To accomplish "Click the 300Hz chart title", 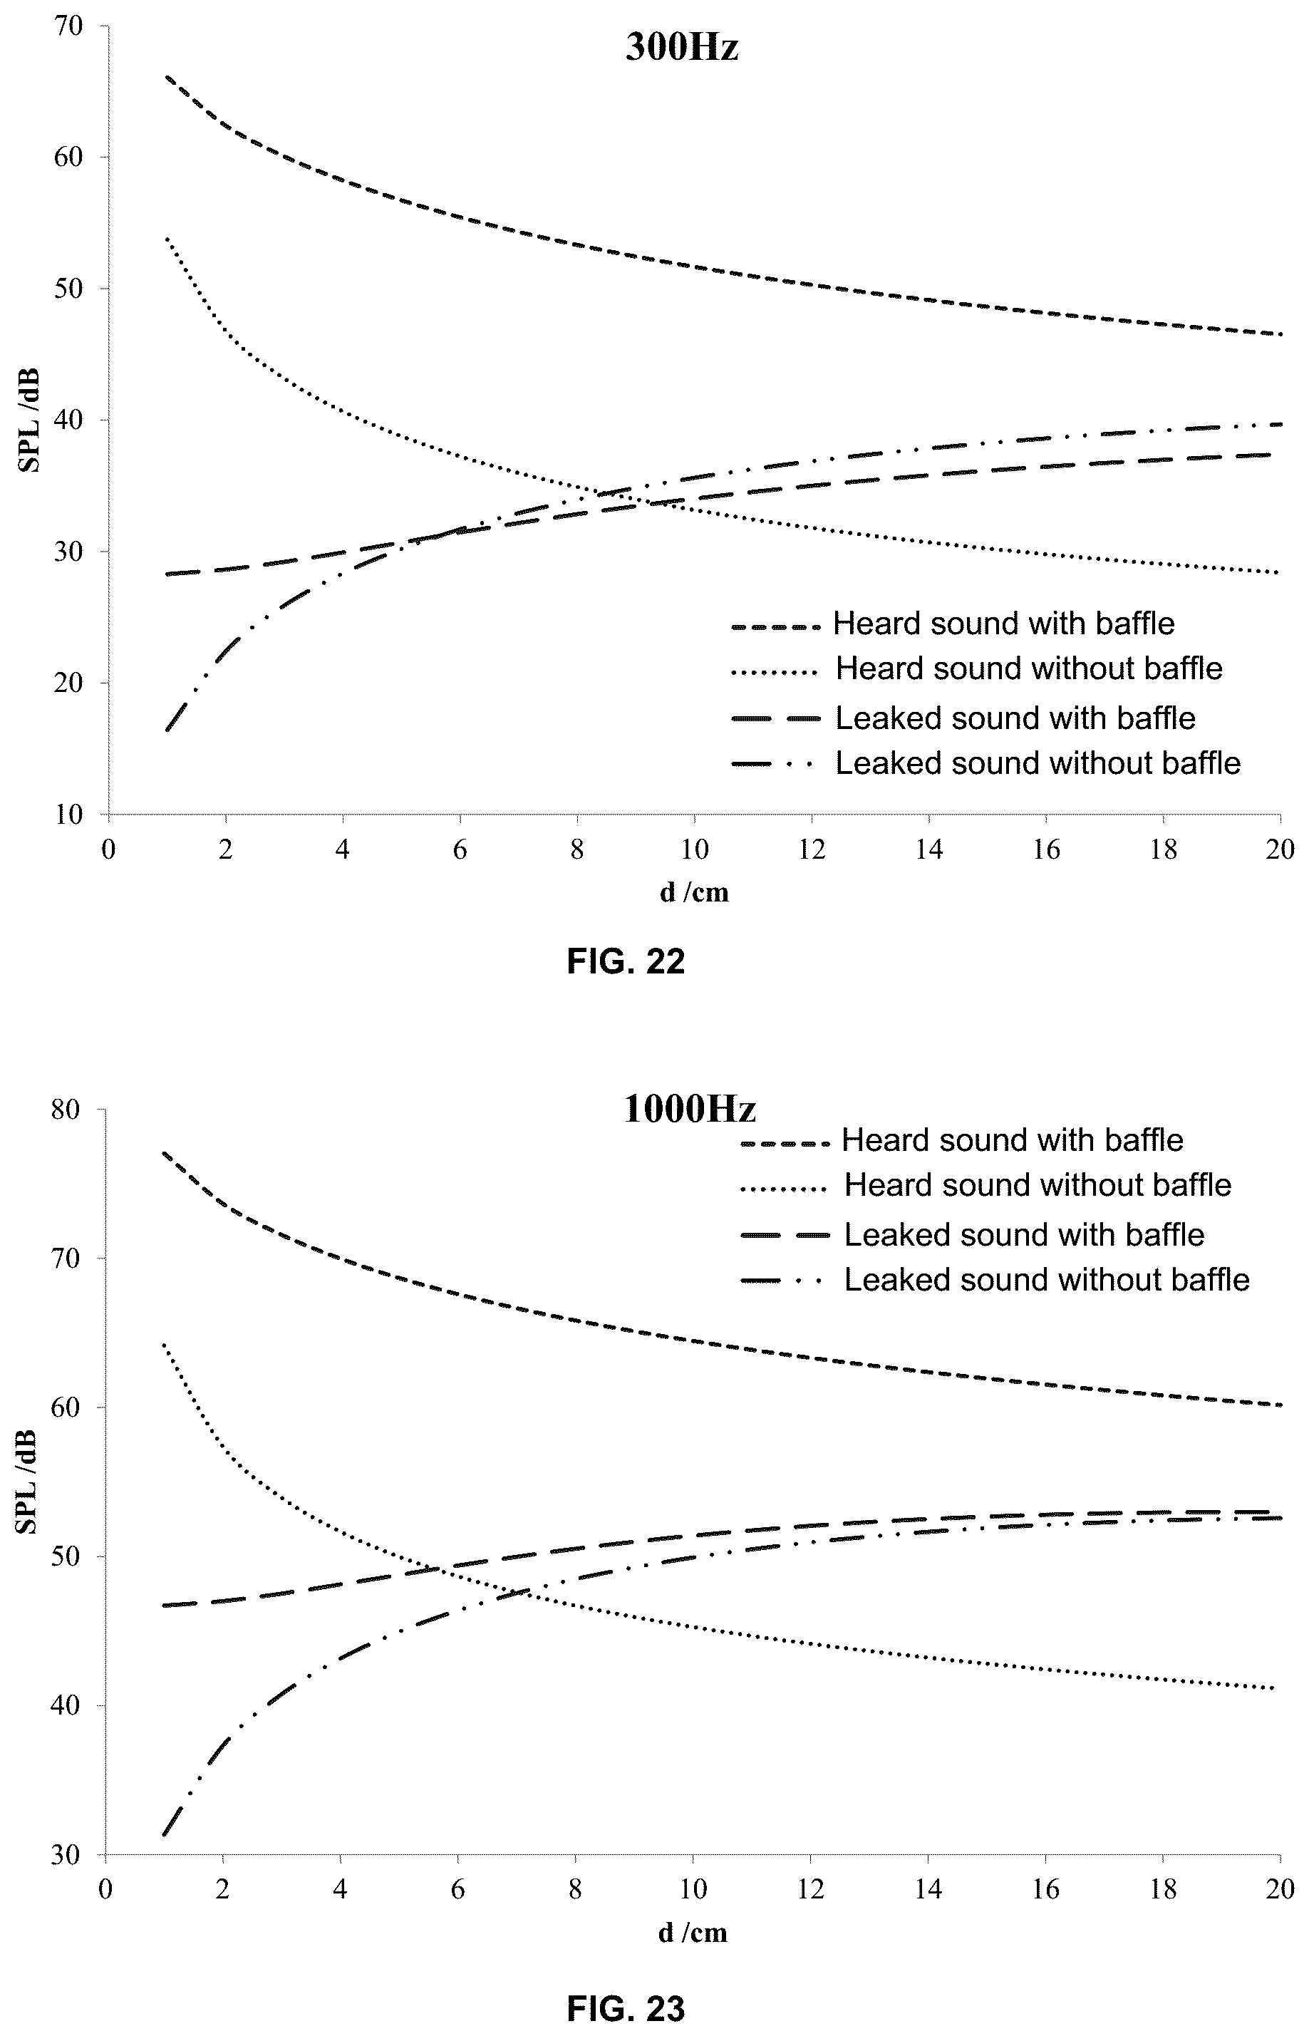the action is (x=682, y=48).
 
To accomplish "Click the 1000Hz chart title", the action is (x=689, y=1109).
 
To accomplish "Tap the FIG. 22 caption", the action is (x=626, y=961).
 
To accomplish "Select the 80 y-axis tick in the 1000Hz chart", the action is (x=68, y=1110).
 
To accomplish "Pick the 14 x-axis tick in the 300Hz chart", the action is (x=929, y=849).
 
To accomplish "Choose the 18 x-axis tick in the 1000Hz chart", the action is (x=1163, y=1889).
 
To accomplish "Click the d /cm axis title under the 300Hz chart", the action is (x=695, y=892).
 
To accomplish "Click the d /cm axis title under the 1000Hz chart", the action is (x=693, y=1931).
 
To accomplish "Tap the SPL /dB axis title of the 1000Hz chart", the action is (x=27, y=1482).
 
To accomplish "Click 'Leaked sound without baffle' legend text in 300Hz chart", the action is (x=1038, y=763).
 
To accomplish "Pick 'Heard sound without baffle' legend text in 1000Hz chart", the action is (x=1038, y=1184).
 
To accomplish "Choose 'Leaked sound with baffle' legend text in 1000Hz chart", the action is (x=1024, y=1234).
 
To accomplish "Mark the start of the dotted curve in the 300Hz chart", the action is (x=167, y=238).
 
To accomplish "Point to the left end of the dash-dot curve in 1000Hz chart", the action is (x=164, y=1834).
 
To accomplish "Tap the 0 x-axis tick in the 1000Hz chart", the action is (x=105, y=1889).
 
